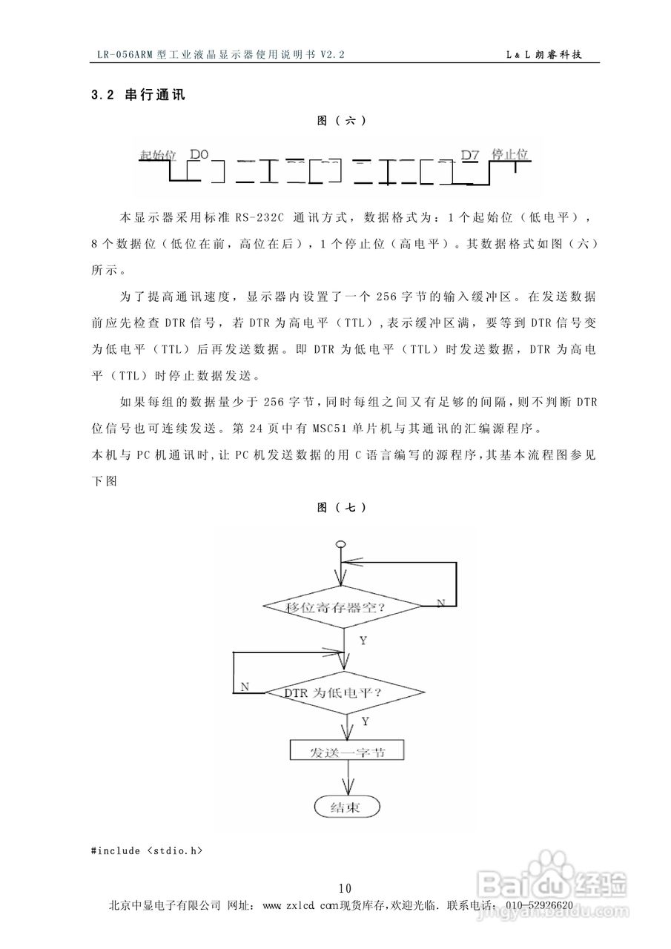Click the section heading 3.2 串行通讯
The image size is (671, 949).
tap(137, 95)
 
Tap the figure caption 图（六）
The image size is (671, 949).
tap(341, 121)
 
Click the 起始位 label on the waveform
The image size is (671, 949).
tap(157, 155)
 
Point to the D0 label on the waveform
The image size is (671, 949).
tap(199, 154)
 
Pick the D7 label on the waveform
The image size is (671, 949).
tap(470, 154)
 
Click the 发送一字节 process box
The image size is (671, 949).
tap(347, 751)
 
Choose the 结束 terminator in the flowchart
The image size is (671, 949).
tap(346, 807)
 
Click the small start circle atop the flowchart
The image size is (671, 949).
tap(340, 546)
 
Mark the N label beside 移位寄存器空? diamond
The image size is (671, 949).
tap(440, 604)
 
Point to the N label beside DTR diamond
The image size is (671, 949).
tap(245, 687)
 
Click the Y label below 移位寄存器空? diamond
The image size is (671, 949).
tap(363, 641)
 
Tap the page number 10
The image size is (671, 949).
tap(344, 888)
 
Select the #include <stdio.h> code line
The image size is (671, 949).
tap(147, 850)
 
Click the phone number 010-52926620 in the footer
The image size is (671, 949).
tap(538, 905)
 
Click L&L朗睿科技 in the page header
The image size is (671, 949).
tap(547, 55)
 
